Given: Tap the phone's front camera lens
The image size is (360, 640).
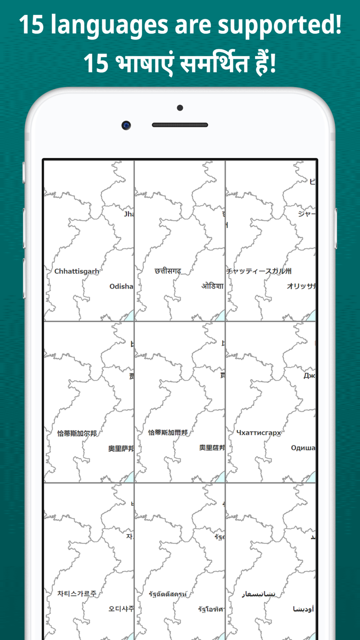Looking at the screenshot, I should point(126,125).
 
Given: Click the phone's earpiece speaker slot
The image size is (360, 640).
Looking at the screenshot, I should point(180,125).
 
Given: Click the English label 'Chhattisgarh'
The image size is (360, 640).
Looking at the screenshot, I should point(77,271).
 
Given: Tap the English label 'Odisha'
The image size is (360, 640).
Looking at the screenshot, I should point(121,287).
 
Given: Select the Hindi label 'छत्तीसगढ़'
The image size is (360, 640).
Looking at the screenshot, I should point(168,271).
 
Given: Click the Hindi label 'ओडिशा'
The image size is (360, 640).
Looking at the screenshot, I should point(212,286).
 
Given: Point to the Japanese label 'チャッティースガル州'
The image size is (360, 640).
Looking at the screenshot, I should point(259,271).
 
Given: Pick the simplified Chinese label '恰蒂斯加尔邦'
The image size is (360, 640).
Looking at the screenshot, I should point(77,433).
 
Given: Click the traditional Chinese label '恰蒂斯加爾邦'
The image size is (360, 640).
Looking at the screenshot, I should point(168,433).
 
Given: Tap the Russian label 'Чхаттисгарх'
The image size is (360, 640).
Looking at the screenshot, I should point(259,433).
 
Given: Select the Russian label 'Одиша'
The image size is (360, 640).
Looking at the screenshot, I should point(303,448).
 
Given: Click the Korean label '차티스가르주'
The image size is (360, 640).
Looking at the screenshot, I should point(77,594).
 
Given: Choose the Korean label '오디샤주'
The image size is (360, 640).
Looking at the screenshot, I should point(121,609).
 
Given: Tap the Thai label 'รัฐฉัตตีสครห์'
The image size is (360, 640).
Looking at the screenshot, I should point(168,594).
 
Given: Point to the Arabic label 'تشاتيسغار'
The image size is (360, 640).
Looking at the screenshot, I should point(259,594).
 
